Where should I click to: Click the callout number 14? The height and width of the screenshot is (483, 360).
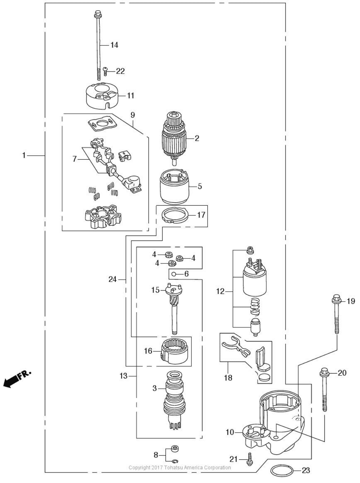click(x=114, y=45)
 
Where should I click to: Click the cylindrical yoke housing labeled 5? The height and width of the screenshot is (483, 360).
click(x=174, y=187)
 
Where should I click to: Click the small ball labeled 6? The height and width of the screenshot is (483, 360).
click(x=174, y=274)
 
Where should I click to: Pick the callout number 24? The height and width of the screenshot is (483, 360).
click(x=112, y=279)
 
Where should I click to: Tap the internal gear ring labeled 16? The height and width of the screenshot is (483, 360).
click(x=174, y=351)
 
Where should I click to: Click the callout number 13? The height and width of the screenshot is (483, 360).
click(x=123, y=376)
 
